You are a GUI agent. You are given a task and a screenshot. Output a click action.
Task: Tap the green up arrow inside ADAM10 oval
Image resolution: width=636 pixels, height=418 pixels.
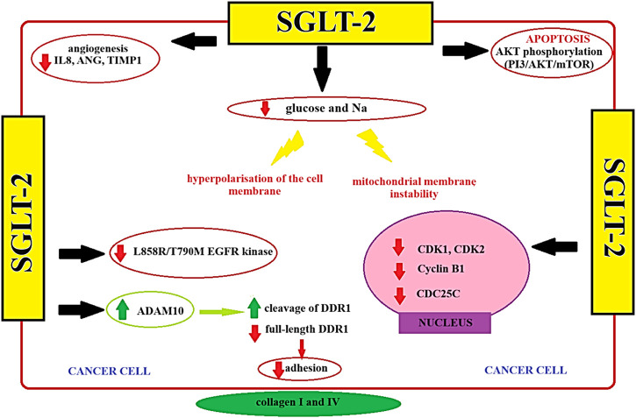pos(122,310)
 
